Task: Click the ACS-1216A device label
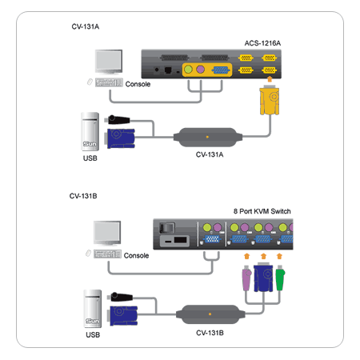pyautogui.click(x=262, y=43)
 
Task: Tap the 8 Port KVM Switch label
pyautogui.click(x=262, y=211)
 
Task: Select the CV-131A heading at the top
pyautogui.click(x=86, y=26)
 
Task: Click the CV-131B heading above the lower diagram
pyautogui.click(x=83, y=196)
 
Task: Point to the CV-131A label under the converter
pyautogui.click(x=210, y=154)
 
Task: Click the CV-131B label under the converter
pyautogui.click(x=210, y=333)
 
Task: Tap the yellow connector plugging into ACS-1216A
pyautogui.click(x=270, y=100)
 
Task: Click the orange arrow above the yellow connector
pyautogui.click(x=270, y=79)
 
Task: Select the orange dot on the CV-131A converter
pyautogui.click(x=207, y=137)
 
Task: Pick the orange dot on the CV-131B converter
pyautogui.click(x=210, y=314)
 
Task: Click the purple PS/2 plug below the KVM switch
pyautogui.click(x=246, y=278)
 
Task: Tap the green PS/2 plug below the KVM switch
pyautogui.click(x=280, y=278)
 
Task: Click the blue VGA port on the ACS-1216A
pyautogui.click(x=221, y=70)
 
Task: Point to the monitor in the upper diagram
pyautogui.click(x=109, y=62)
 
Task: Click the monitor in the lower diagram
pyautogui.click(x=107, y=233)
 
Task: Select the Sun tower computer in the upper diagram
pyautogui.click(x=90, y=131)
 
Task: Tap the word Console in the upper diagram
pyautogui.click(x=138, y=84)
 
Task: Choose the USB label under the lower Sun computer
pyautogui.click(x=93, y=335)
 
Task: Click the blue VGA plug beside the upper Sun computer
pyautogui.click(x=120, y=138)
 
